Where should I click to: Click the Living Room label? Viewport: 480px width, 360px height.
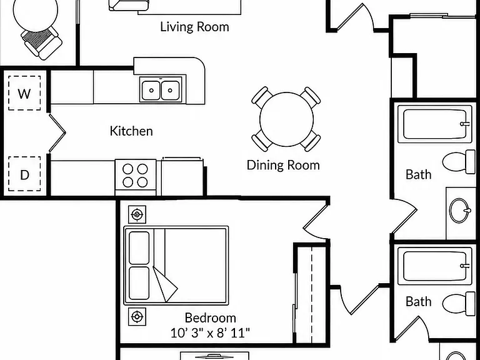coord(195,27)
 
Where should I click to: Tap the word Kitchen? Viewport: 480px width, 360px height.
coord(131,131)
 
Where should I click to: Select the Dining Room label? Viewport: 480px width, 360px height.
coord(283,165)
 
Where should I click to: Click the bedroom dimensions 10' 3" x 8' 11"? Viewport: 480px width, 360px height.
coord(210,332)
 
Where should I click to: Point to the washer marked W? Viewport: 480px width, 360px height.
coord(24,93)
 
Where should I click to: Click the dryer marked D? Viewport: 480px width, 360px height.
coord(24,174)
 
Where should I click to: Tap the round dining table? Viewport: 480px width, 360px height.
coord(286,119)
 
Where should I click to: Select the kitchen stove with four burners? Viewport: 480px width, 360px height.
coord(135,177)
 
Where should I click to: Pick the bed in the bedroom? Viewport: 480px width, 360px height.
coord(176,266)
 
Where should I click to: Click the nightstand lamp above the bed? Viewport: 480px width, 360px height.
coord(137,214)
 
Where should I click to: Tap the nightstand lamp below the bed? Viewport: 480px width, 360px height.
coord(137,316)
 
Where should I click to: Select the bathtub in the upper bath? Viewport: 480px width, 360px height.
coord(435,124)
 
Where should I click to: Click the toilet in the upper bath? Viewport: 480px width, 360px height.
coord(459,162)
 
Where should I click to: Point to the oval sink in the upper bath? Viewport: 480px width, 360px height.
coord(460,210)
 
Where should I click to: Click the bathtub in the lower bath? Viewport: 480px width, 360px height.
coord(435,266)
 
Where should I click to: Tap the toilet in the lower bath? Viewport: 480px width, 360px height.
coord(459,304)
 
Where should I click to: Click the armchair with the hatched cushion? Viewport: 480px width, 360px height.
coord(42,41)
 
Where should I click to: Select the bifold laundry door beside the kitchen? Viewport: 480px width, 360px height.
coord(57,132)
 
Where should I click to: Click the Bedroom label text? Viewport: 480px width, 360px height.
coord(210,317)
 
